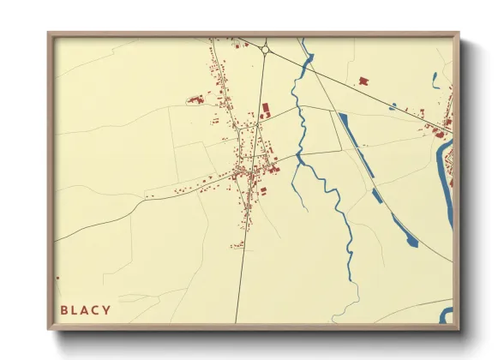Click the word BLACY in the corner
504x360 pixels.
[86, 309]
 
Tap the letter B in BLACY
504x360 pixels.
[64, 309]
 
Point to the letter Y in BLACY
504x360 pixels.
[106, 309]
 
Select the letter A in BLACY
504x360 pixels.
[86, 309]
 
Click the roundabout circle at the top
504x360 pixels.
[266, 51]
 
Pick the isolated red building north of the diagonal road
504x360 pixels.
[363, 81]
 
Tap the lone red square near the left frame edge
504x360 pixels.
[57, 278]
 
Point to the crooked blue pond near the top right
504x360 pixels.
[435, 81]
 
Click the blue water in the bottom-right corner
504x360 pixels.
[445, 315]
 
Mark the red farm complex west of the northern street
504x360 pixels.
[195, 100]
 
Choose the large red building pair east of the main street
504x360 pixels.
[265, 111]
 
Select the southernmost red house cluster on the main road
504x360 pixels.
[237, 245]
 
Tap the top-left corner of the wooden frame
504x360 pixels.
[50, 34]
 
